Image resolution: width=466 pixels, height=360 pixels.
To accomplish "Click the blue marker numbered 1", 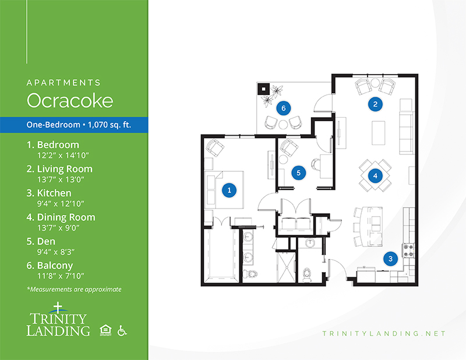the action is coord(229,190).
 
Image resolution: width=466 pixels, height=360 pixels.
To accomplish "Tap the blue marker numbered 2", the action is coord(375,104).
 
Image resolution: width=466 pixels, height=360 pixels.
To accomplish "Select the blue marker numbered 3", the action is coord(390,259).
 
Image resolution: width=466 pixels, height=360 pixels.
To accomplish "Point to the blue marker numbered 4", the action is coord(375,176).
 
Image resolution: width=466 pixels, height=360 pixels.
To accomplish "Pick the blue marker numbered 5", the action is coord(298,172).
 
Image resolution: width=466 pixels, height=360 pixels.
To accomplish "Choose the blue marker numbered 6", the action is coord(283,108).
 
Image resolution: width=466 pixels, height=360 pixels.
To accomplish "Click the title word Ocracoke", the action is coord(70,100).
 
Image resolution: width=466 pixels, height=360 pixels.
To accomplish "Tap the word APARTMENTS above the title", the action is coord(63,83).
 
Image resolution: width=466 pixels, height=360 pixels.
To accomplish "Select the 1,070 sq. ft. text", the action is coord(110,125).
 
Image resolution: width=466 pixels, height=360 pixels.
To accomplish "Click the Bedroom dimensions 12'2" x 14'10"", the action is coord(63,155).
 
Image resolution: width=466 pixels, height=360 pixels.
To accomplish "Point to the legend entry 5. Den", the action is coord(41,241).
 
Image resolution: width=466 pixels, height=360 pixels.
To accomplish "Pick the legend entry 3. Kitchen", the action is coord(49,193).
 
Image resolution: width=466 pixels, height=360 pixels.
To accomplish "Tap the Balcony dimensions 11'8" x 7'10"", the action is coord(61,276).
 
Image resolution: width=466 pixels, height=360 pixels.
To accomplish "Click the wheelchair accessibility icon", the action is coord(122,330).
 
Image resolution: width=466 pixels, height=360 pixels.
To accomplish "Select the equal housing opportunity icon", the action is coord(105,330).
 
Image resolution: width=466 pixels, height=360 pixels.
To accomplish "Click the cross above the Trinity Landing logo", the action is coord(58,308).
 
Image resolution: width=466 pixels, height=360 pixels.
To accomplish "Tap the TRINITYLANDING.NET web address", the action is coord(384,334).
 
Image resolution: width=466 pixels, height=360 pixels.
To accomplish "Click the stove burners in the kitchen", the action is coord(408,250).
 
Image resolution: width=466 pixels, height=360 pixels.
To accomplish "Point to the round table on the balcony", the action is coord(283,124).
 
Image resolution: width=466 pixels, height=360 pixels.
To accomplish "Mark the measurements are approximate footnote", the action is coord(74,290).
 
